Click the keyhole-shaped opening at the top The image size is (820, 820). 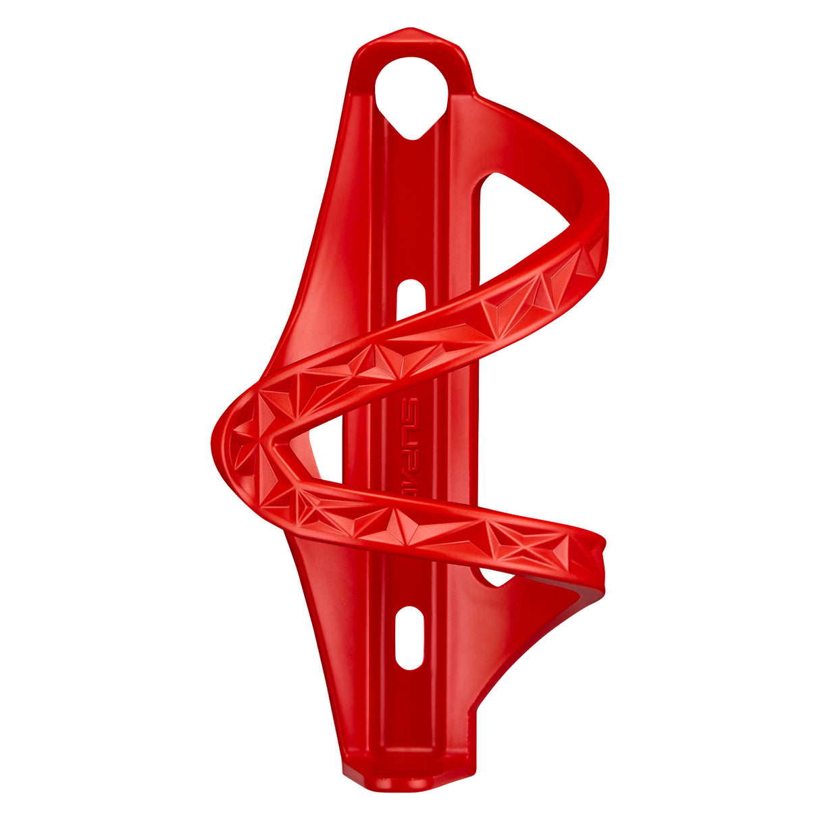point(411,95)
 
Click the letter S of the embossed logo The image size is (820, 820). point(410,408)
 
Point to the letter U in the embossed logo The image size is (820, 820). point(410,430)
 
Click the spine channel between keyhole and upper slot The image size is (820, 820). point(410,203)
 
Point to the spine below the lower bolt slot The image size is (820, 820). point(409,716)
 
